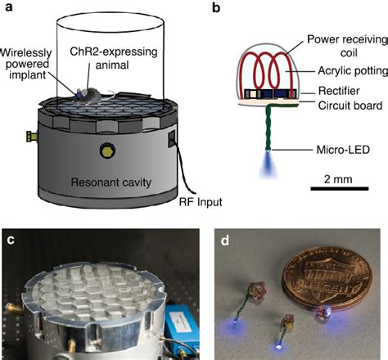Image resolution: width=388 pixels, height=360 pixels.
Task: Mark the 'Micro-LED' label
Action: point(335,150)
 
